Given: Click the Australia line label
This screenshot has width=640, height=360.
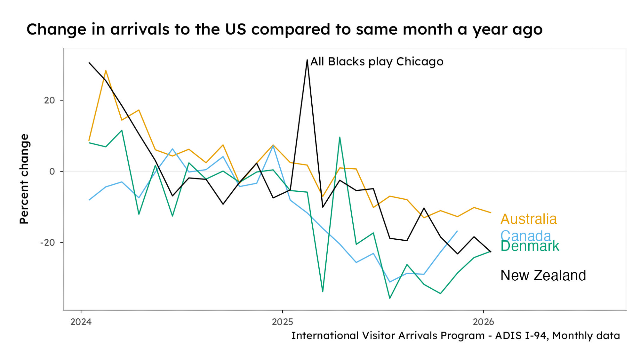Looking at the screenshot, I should tap(528, 219).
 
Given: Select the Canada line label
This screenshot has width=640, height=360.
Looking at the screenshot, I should tap(525, 236).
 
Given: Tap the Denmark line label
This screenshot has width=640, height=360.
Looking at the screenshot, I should tap(530, 246).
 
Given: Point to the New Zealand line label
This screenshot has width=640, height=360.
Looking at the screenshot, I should tap(543, 276).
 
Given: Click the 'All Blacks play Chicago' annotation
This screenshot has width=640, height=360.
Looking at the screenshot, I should tap(377, 61).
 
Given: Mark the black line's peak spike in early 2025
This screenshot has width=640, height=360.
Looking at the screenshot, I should tap(307, 60).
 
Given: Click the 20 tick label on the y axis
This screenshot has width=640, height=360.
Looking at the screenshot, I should tap(50, 100).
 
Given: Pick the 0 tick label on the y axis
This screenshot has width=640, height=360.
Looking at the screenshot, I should tap(52, 172).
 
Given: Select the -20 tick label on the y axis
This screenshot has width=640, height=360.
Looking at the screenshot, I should tap(48, 243).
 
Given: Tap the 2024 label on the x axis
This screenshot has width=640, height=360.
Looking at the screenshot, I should tap(81, 322).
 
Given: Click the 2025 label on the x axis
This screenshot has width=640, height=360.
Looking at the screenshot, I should tap(282, 322).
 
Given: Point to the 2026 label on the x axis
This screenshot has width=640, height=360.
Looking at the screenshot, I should tap(483, 322).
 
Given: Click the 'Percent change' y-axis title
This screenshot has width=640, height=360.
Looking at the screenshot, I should tap(24, 179).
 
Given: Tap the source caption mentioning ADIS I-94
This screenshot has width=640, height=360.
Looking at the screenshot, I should tap(455, 335).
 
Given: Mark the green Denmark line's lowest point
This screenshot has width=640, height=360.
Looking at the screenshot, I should tap(390, 298).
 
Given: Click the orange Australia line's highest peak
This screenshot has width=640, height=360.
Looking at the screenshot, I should tap(106, 71).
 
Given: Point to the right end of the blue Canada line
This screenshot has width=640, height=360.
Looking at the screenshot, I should tap(457, 231).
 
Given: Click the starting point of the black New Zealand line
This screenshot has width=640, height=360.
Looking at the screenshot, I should tap(89, 63).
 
